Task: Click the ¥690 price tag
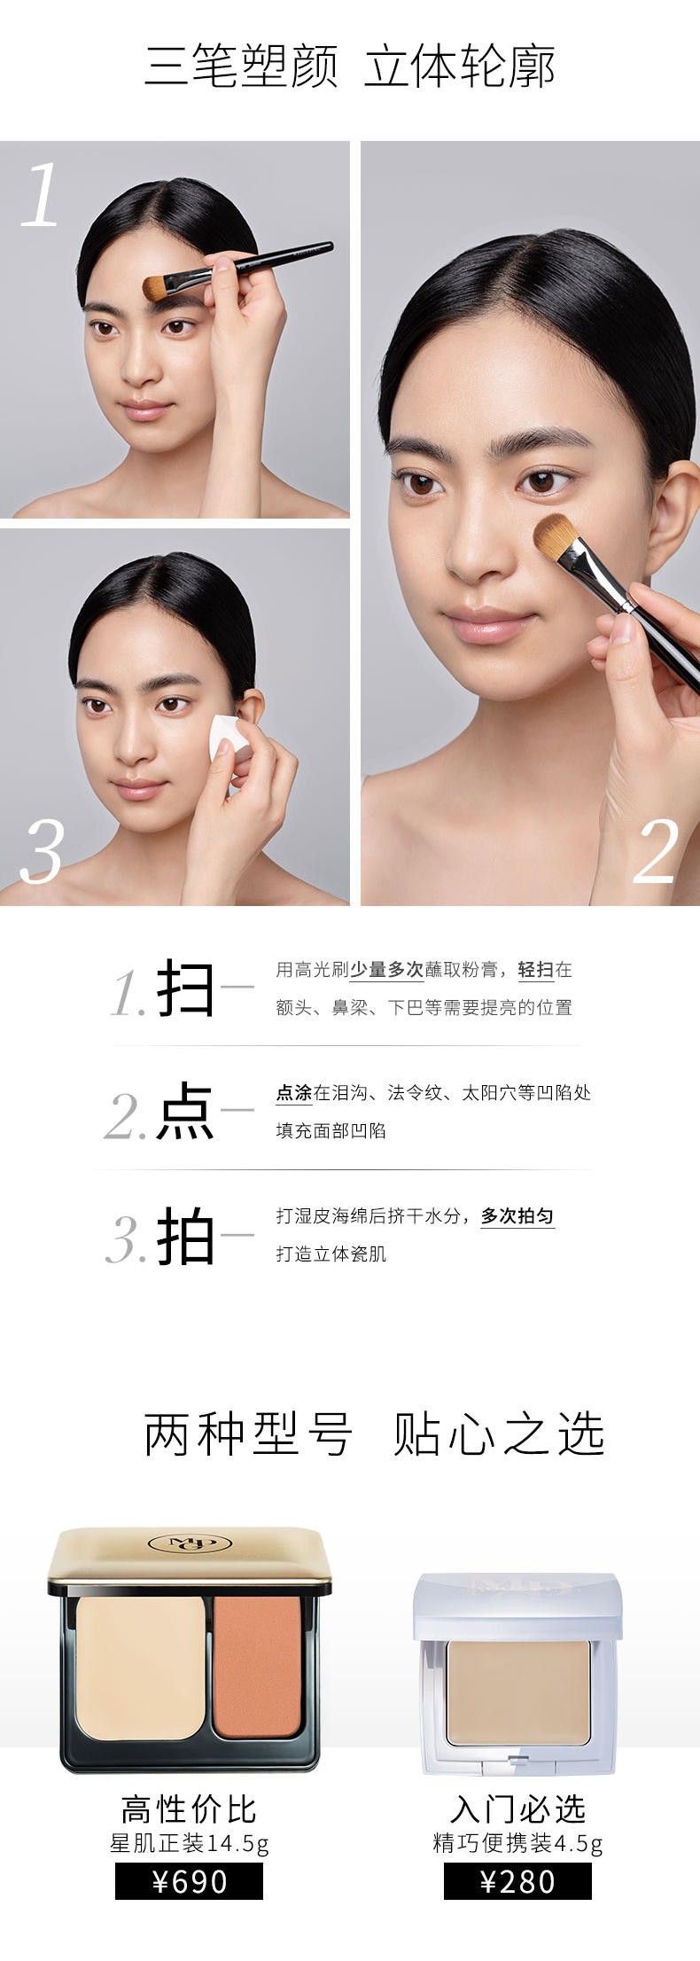pos(189,1880)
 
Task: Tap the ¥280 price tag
pos(517,1880)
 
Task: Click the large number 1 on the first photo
pos(40,194)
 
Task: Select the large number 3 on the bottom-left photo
pos(42,851)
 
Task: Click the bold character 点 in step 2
pos(185,1110)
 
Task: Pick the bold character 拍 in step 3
pos(185,1235)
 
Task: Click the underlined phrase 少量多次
pos(386,970)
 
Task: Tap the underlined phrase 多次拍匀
pos(517,1216)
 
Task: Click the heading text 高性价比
pos(189,1808)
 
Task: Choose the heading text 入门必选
pos(517,1808)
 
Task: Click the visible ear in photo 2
pos(672,519)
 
